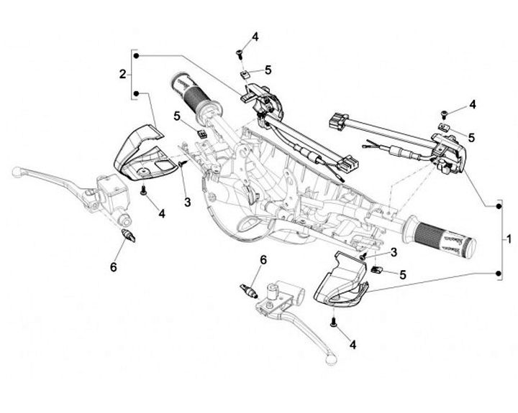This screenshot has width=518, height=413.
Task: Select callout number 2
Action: (x=123, y=74)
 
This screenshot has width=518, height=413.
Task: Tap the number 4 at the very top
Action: (x=255, y=37)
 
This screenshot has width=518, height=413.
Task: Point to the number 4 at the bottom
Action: (x=353, y=345)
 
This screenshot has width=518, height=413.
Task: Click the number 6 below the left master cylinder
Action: (x=114, y=267)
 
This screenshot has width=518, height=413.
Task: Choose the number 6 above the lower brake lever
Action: (x=263, y=260)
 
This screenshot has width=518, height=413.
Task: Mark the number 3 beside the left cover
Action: (x=187, y=203)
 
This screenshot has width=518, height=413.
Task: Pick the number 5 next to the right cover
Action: (x=403, y=274)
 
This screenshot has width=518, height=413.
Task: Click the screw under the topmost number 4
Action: (x=239, y=52)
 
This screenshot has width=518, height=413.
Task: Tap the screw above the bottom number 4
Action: (x=333, y=322)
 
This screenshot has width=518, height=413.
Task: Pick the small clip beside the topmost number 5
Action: (x=246, y=73)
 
